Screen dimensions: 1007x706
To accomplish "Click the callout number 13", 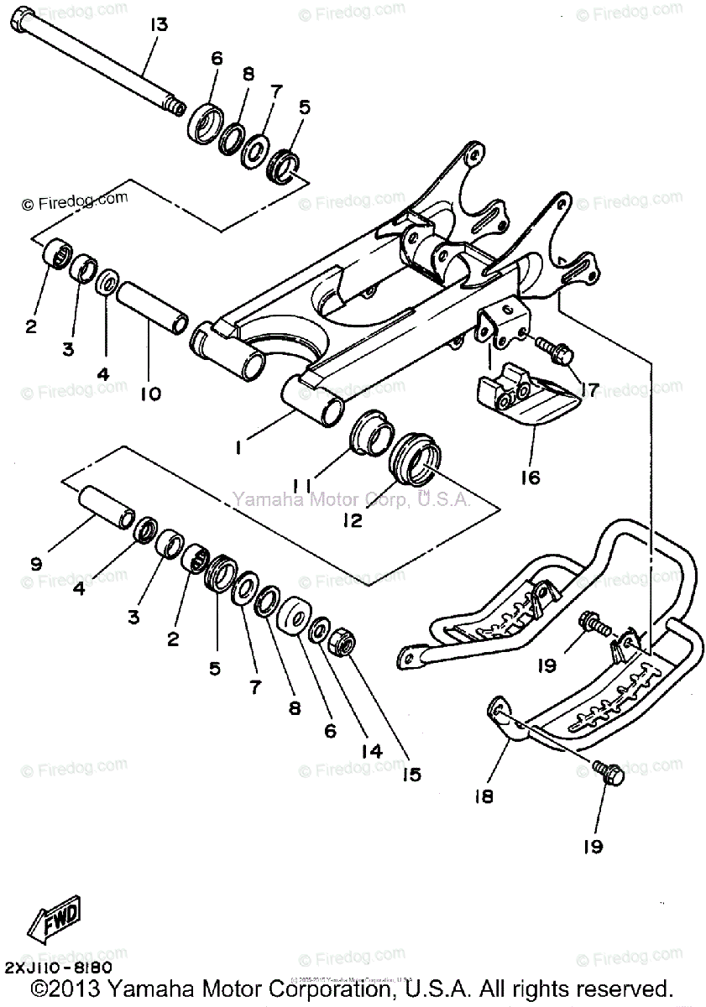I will tap(160, 24).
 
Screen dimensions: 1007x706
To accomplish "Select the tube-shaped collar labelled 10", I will tap(151, 307).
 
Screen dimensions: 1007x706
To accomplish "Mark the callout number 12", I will tap(352, 520).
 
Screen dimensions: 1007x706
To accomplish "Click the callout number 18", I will tap(484, 795).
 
